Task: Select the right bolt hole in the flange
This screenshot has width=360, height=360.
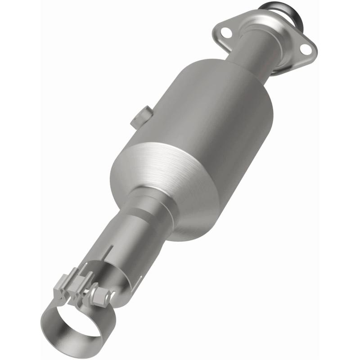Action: coord(306,49)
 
